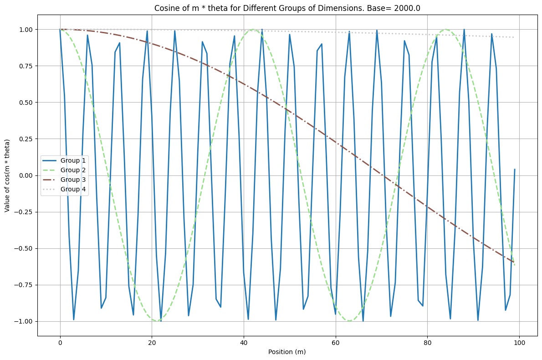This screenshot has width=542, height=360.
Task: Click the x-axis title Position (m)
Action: coord(289,352)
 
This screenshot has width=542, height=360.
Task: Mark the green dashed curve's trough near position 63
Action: coord(349,321)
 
